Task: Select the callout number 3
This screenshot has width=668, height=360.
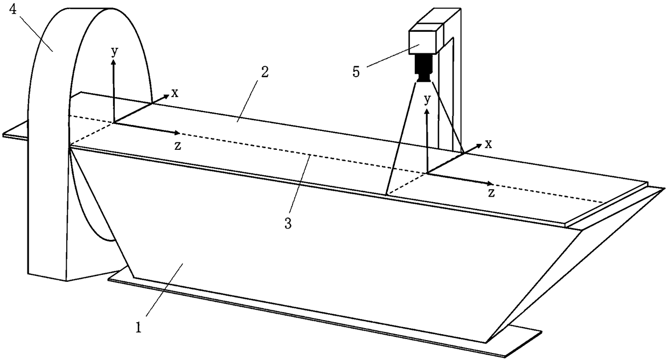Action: click(288, 223)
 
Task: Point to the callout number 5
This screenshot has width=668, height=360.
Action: click(356, 72)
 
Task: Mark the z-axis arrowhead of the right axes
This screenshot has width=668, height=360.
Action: click(490, 183)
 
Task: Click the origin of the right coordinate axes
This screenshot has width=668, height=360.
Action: click(427, 173)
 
